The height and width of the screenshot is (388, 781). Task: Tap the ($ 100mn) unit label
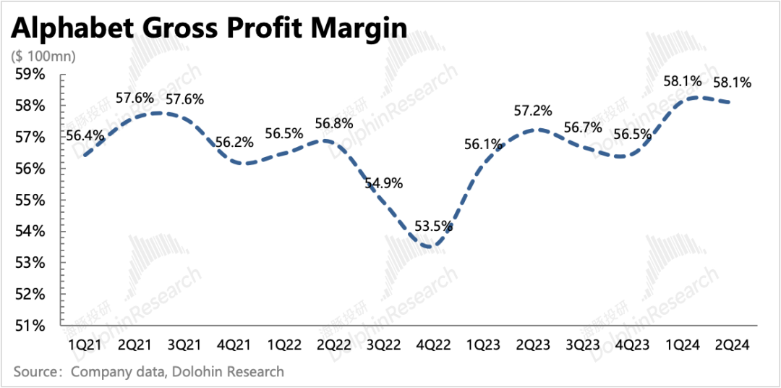(44, 56)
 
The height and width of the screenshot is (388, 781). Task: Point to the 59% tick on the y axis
(30, 75)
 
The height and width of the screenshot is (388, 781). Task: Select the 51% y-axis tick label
(30, 326)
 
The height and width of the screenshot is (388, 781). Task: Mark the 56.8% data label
(333, 121)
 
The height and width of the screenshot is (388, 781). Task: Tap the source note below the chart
(148, 372)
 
